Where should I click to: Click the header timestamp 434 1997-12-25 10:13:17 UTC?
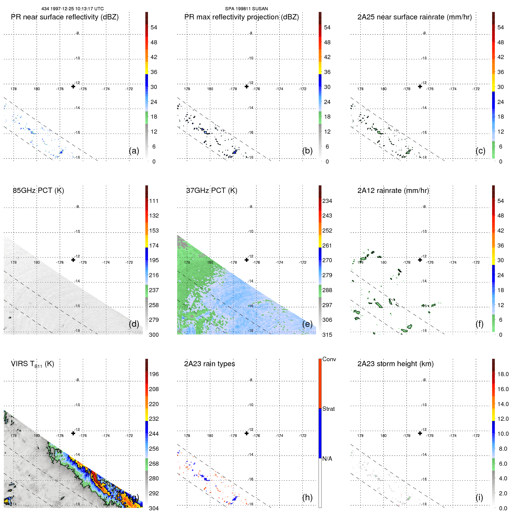tap(73, 9)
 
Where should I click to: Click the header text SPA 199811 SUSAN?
tap(246, 9)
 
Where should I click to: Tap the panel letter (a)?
tap(134, 151)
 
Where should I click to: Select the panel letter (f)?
tap(479, 324)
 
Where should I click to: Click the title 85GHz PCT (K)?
tap(38, 191)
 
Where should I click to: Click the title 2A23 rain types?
tap(210, 364)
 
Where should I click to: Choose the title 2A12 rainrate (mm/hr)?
tap(393, 191)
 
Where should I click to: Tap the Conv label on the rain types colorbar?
tap(329, 359)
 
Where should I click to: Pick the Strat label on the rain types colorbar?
tap(329, 409)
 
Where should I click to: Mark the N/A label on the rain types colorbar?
tap(327, 459)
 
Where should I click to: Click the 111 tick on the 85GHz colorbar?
tap(154, 201)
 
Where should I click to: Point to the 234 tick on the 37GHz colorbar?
tap(327, 201)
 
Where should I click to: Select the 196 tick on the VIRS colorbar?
tap(154, 374)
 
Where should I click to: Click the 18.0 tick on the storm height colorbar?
tap(503, 374)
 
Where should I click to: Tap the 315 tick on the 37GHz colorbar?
tap(327, 335)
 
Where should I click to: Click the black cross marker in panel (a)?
tap(73, 86)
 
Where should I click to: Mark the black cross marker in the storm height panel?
tap(420, 433)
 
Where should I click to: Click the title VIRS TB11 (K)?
tap(33, 364)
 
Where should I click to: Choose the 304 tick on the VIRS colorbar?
tap(154, 508)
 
